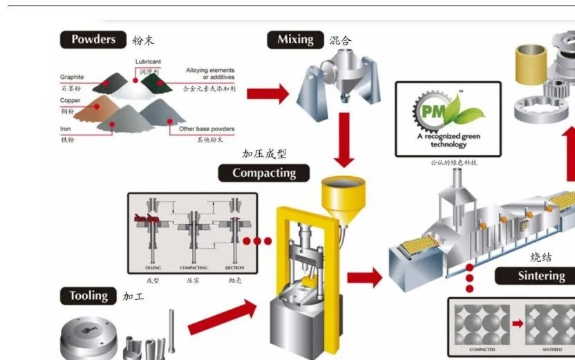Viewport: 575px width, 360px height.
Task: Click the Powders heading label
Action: click(x=93, y=39)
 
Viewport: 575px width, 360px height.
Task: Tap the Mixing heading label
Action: click(x=295, y=40)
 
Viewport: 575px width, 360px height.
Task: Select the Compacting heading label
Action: click(x=264, y=173)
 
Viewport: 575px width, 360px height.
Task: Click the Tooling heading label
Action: click(x=88, y=296)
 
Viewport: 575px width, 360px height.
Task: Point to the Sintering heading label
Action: click(x=541, y=276)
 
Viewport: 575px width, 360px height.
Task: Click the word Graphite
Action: click(x=72, y=77)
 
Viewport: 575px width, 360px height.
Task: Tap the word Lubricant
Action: click(x=149, y=62)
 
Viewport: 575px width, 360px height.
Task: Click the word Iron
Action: click(x=66, y=129)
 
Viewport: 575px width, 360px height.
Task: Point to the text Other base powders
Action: click(x=207, y=129)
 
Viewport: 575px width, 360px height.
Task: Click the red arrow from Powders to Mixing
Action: click(x=267, y=93)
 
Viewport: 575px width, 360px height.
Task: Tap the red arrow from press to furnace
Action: click(x=364, y=278)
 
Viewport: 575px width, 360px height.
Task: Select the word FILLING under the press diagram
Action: click(x=153, y=267)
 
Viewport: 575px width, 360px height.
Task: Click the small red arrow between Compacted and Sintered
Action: click(x=517, y=323)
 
